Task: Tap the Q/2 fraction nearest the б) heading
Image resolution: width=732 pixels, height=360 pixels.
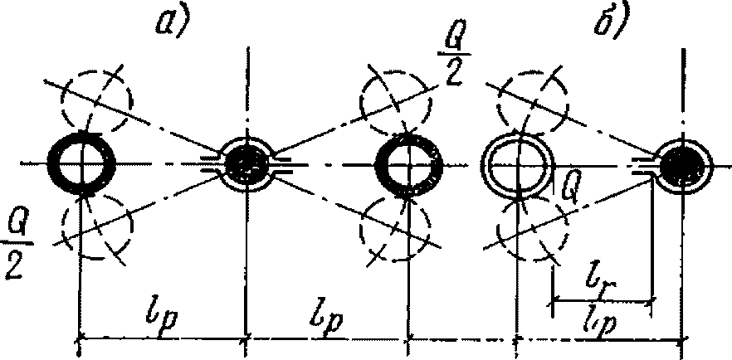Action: pos(451,60)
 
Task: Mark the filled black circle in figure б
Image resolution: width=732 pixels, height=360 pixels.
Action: pos(683,164)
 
